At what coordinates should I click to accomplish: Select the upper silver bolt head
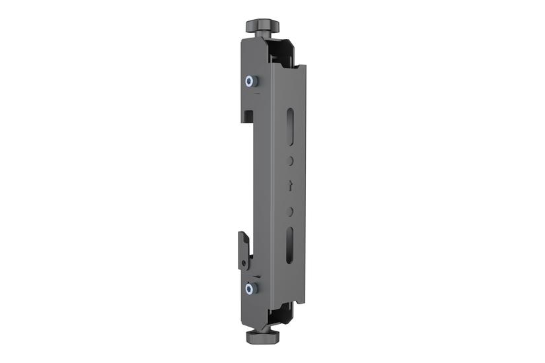pyautogui.click(x=250, y=82)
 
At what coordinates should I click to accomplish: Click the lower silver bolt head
pyautogui.click(x=250, y=288)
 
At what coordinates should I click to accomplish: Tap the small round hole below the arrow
pyautogui.click(x=291, y=211)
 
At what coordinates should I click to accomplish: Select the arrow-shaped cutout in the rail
pyautogui.click(x=291, y=187)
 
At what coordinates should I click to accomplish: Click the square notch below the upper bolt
pyautogui.click(x=248, y=115)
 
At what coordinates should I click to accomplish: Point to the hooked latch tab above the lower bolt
pyautogui.click(x=243, y=247)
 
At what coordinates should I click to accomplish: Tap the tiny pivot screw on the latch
pyautogui.click(x=245, y=263)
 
